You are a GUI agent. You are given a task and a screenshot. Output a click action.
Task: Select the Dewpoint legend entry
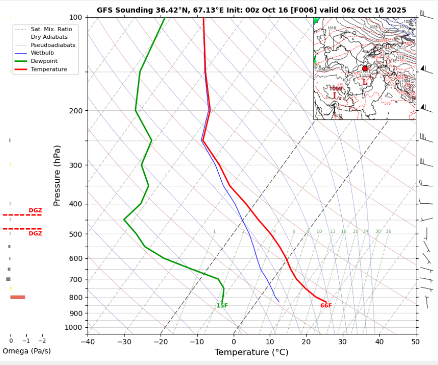coord(45,61)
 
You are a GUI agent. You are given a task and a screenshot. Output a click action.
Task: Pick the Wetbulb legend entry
coord(42,53)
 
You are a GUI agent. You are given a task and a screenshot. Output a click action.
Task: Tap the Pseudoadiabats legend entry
coord(53,45)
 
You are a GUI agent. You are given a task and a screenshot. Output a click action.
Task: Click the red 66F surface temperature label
coord(326,306)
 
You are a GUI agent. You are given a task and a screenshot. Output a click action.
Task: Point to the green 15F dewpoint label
coord(222,306)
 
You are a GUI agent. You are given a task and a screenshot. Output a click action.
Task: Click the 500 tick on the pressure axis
coord(76,235)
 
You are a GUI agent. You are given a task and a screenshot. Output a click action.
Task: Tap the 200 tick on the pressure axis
coord(76,111)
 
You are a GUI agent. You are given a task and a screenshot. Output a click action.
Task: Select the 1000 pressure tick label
coord(74,328)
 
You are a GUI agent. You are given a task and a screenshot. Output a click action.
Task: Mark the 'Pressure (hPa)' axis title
coord(57,175)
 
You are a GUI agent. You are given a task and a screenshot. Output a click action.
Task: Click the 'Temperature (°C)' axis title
coord(251,352)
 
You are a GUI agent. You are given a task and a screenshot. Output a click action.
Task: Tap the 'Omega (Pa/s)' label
coord(27,351)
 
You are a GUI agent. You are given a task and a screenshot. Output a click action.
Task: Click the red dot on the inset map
coord(365,68)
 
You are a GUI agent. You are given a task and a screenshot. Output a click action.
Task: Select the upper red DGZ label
coord(35,210)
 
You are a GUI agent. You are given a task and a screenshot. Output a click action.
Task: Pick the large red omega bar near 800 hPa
coord(18,297)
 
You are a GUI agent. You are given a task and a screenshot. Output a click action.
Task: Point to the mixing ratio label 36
coord(388,232)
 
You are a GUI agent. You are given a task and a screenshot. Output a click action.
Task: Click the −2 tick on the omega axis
coord(42,341)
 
